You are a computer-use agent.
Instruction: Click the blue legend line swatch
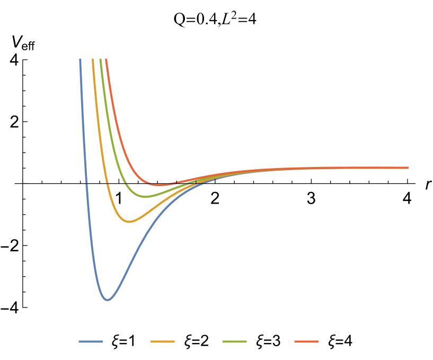(x=90, y=341)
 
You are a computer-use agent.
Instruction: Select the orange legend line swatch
(x=162, y=341)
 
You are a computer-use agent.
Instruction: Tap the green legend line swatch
(x=234, y=341)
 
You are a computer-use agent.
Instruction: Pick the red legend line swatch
(x=306, y=341)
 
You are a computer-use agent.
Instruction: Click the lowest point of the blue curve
(x=108, y=300)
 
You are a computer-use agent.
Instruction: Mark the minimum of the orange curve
(x=129, y=222)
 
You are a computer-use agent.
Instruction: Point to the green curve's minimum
(x=147, y=197)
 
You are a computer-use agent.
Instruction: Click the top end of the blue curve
(x=81, y=59)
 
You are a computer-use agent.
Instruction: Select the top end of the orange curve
(x=93, y=59)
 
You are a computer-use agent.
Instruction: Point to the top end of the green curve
(x=101, y=59)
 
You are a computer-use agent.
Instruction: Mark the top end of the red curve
(x=106, y=59)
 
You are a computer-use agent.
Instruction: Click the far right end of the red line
(x=408, y=168)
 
